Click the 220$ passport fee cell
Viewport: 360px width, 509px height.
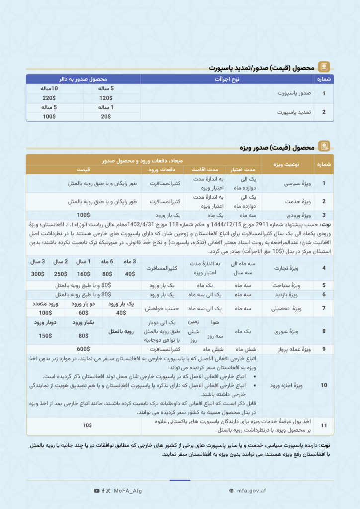[49, 98]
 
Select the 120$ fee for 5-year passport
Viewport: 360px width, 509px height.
[106, 98]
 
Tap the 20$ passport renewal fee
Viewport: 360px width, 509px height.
[106, 117]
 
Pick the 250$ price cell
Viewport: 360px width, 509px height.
[60, 274]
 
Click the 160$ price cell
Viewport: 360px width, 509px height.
[83, 274]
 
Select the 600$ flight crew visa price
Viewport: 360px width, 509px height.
[83, 349]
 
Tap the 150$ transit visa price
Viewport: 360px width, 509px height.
[46, 335]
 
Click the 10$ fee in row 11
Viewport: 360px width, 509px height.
[87, 425]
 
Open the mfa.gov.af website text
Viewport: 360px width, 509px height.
[251, 491]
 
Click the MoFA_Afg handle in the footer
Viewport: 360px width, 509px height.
[127, 491]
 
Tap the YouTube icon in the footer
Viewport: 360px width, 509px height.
[96, 491]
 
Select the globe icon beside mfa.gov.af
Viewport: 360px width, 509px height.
[231, 491]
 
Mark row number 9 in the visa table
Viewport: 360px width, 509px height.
[324, 349]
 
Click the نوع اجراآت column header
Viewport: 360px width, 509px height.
[227, 79]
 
